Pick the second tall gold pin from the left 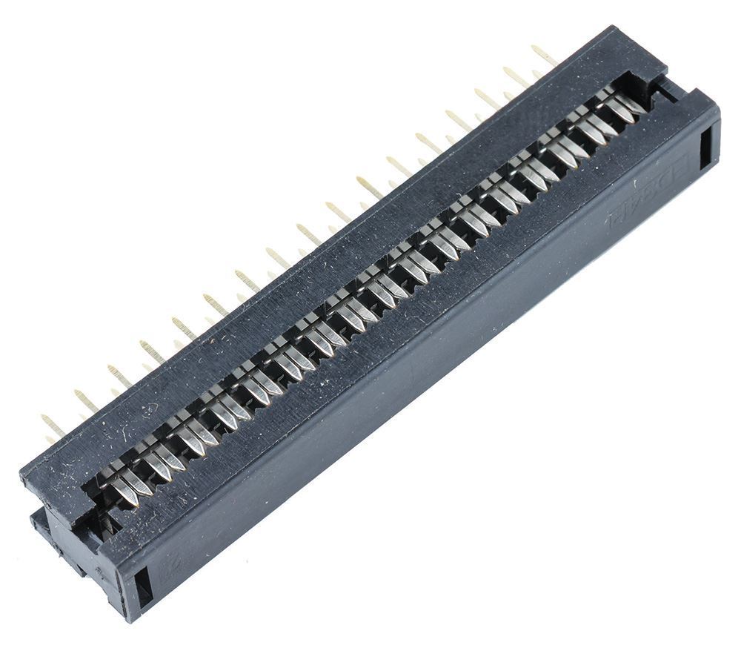tap(86, 400)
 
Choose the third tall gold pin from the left tap(119, 375)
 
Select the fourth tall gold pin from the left tap(152, 351)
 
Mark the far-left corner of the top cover tap(21, 474)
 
